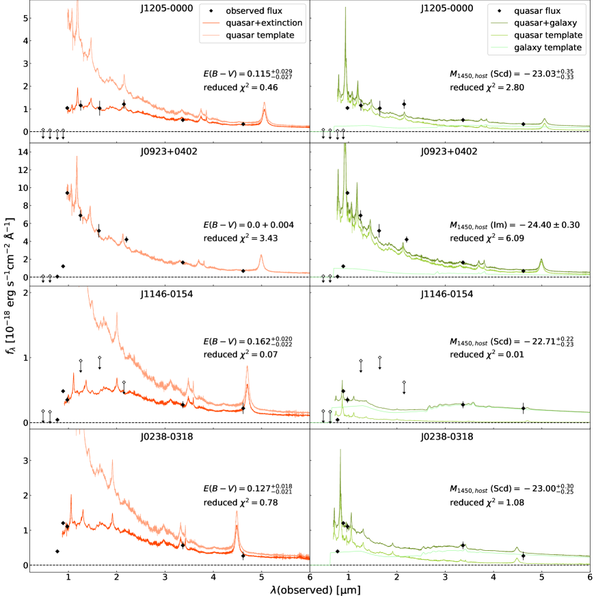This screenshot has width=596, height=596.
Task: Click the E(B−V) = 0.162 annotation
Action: (x=250, y=340)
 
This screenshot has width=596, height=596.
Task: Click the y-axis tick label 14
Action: (x=20, y=152)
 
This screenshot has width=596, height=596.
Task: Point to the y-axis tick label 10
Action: (x=20, y=187)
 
